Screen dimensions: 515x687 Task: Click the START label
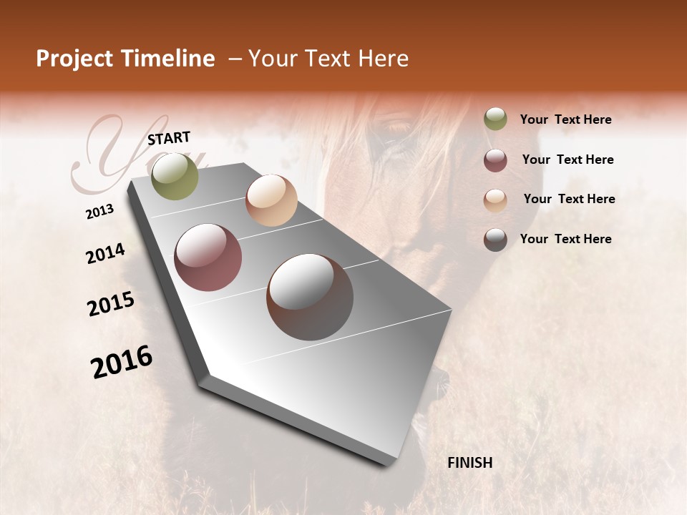click(169, 138)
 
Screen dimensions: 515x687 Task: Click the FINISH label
click(469, 463)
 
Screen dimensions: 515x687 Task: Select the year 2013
click(99, 212)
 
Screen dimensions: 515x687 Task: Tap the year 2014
click(105, 254)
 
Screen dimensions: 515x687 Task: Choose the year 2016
click(121, 362)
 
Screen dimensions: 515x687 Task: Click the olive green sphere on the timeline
click(175, 176)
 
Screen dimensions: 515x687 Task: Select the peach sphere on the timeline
click(271, 200)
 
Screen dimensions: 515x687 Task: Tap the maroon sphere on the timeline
click(208, 257)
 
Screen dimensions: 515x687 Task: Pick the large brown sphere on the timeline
click(310, 297)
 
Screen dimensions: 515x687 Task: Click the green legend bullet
click(495, 119)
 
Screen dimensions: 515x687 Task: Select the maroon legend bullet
click(495, 160)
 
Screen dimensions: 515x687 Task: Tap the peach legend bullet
click(495, 200)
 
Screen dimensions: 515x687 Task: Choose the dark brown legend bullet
click(495, 240)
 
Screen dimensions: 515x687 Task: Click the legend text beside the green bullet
click(565, 119)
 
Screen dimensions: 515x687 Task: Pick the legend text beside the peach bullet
click(569, 199)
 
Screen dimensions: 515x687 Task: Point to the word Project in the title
click(74, 59)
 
